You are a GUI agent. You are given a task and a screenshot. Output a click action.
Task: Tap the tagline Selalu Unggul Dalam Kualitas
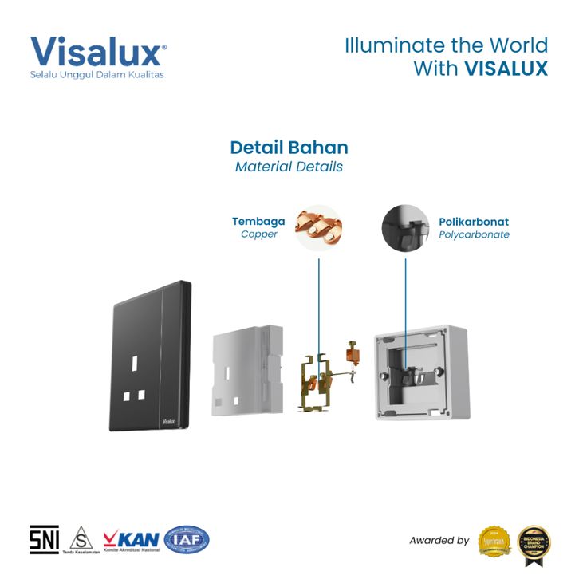[x=96, y=75]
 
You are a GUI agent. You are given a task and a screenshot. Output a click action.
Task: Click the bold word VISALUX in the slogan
[x=506, y=69]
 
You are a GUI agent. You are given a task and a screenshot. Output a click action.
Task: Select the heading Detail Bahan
[x=289, y=148]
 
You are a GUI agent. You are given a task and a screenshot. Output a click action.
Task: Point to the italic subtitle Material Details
[x=289, y=167]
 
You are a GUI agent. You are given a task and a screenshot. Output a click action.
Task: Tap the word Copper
[x=259, y=234]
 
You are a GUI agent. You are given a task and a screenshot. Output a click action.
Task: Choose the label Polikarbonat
[x=474, y=221]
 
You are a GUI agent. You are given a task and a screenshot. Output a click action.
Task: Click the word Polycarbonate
[x=474, y=234]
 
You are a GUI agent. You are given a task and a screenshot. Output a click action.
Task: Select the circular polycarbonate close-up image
[x=405, y=229]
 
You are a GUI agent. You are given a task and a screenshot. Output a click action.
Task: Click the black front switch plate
[x=151, y=355]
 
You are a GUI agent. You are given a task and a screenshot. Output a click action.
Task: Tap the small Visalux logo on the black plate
[x=168, y=417]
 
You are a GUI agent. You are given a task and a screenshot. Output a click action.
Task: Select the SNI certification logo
[x=44, y=540]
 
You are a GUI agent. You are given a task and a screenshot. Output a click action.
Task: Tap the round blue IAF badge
[x=187, y=540]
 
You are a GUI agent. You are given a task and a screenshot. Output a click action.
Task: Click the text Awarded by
[x=439, y=540]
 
